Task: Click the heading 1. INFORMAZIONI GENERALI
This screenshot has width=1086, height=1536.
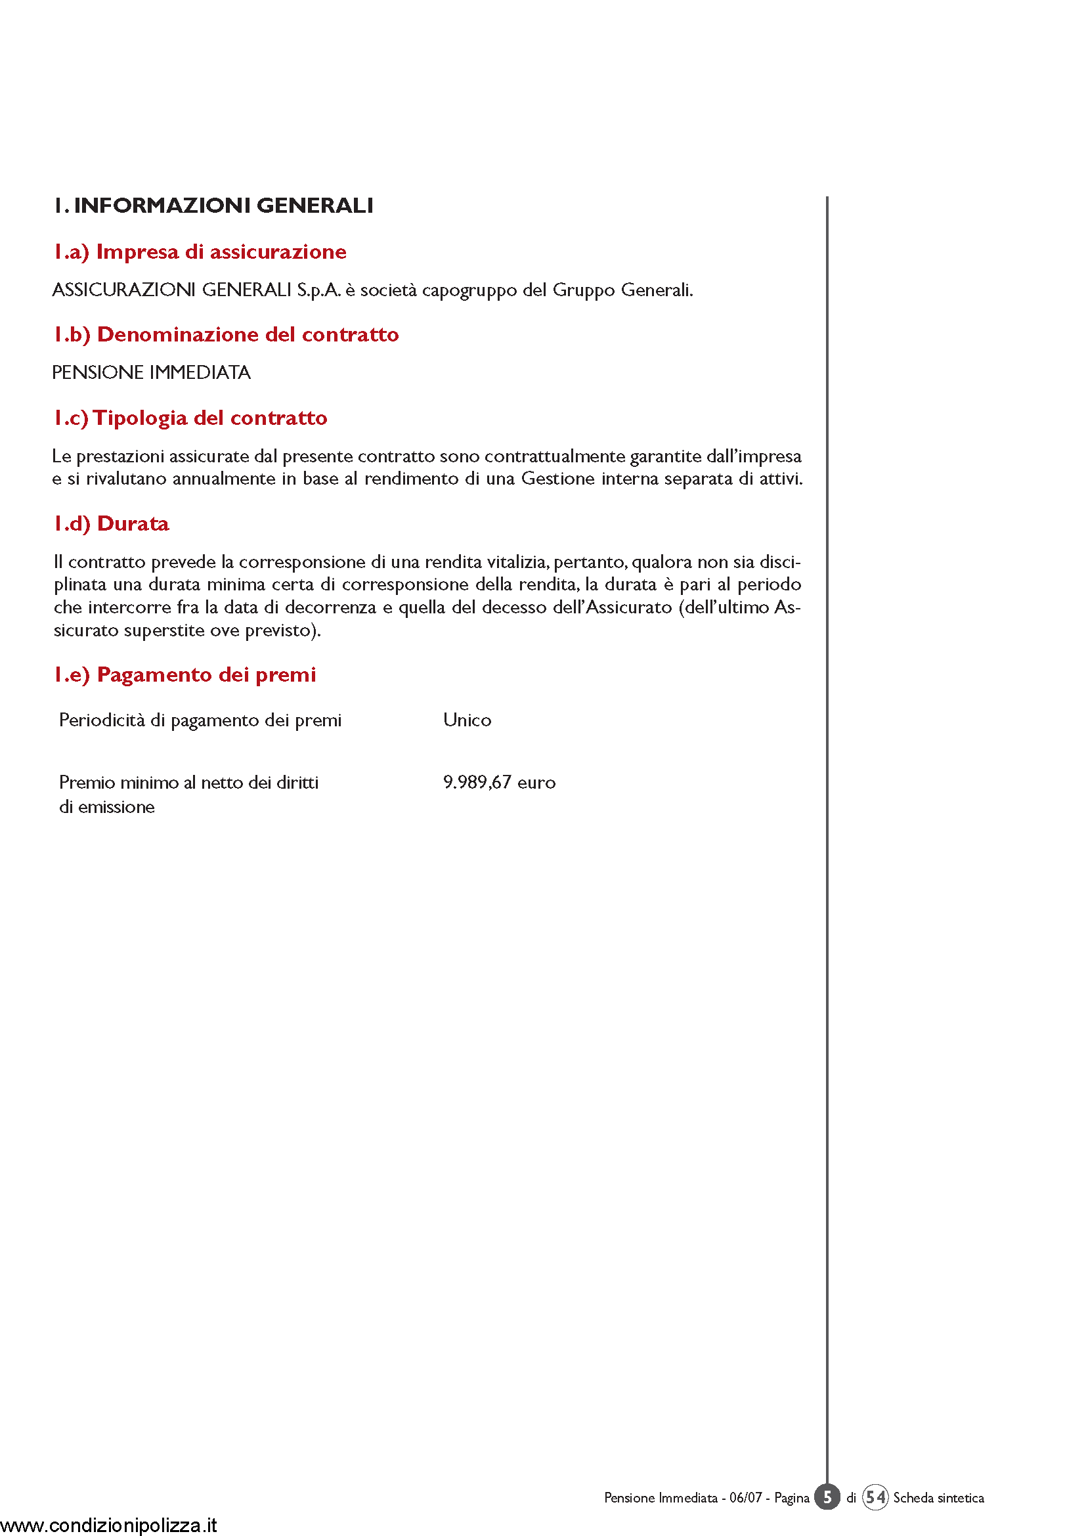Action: [213, 206]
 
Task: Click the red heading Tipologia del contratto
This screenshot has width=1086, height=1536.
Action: [190, 418]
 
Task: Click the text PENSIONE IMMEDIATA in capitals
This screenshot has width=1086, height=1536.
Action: [151, 372]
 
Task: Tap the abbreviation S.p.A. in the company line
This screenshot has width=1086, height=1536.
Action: [318, 290]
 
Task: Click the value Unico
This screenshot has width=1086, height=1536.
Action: [467, 720]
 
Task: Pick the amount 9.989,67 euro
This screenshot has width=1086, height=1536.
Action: [499, 782]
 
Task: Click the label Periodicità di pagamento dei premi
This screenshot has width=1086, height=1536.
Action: [200, 720]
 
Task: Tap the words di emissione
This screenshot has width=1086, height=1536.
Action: [107, 807]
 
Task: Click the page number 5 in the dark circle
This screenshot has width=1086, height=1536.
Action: [827, 1497]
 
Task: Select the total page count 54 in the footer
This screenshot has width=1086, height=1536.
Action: [875, 1497]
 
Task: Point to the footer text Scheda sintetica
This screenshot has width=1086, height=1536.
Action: [938, 1498]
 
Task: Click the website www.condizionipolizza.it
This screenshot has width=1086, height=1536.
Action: [109, 1525]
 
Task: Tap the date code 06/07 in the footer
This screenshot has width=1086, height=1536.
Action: [745, 1498]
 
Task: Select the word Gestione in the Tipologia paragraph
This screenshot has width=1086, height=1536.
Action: [557, 479]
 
